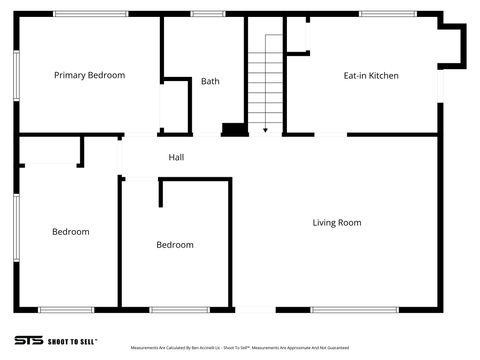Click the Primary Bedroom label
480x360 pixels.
pyautogui.click(x=89, y=75)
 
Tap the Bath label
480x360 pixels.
pyautogui.click(x=210, y=81)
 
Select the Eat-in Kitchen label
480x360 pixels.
pyautogui.click(x=371, y=75)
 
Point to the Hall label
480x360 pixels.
pyautogui.click(x=176, y=157)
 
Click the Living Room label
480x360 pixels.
pyautogui.click(x=337, y=222)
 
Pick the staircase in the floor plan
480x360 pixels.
pyautogui.click(x=266, y=80)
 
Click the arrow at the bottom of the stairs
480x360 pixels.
pyautogui.click(x=266, y=127)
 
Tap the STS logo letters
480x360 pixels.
pyautogui.click(x=29, y=340)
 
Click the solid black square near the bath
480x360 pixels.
pyautogui.click(x=233, y=128)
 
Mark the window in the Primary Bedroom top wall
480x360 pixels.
pyautogui.click(x=90, y=14)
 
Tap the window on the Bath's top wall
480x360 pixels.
pyautogui.click(x=207, y=14)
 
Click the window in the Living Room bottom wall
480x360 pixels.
pyautogui.click(x=347, y=309)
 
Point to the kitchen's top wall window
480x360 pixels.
pyautogui.click(x=387, y=14)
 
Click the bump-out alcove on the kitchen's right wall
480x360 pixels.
pyautogui.click(x=453, y=47)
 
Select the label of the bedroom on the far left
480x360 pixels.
pyautogui.click(x=70, y=232)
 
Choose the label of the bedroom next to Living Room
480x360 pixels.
pyautogui.click(x=175, y=244)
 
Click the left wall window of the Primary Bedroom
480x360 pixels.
pyautogui.click(x=16, y=75)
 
